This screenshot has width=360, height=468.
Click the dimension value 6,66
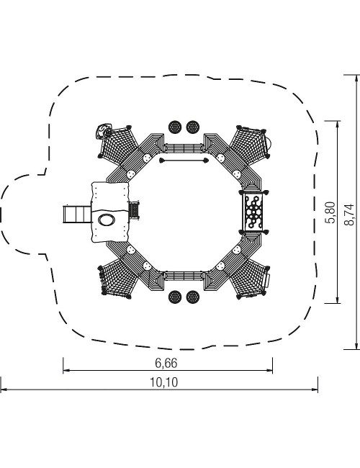coord(166,363)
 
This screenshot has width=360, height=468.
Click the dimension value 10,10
coord(163,382)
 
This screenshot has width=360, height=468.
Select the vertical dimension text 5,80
coord(330,212)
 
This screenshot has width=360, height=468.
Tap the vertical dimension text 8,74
coord(348,215)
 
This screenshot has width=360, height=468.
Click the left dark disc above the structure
coord(175,127)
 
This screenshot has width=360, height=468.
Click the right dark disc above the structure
coord(193,127)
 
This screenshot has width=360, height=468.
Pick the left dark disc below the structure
coord(175,297)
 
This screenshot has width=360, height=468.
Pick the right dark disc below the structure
coord(193,297)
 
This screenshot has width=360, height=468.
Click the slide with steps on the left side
coord(77,214)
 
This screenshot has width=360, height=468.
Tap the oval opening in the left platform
coord(107,220)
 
